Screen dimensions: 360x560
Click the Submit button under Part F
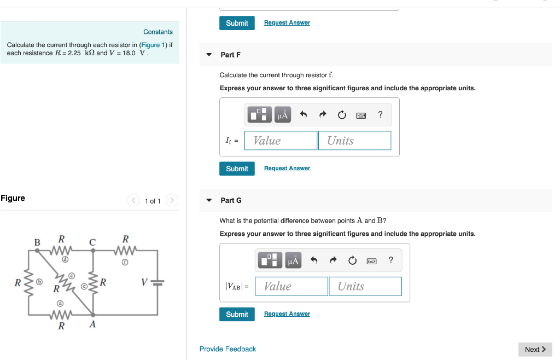[x=237, y=169]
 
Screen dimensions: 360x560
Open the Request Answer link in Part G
[x=287, y=314]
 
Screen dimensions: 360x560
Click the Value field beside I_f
[x=281, y=141]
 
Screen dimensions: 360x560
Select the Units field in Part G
[x=365, y=286]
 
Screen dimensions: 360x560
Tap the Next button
[x=535, y=350]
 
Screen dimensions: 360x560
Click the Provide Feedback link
[x=227, y=349]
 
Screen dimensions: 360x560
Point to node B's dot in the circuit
[x=37, y=251]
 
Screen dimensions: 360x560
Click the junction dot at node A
[x=92, y=315]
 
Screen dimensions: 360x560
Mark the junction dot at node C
[x=92, y=251]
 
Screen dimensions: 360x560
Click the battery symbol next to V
[x=157, y=283]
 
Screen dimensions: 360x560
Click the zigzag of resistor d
[x=61, y=251]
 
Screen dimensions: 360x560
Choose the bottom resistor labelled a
[x=61, y=315]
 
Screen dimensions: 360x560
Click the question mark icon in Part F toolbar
[x=380, y=114]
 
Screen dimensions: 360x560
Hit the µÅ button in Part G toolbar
[x=293, y=260]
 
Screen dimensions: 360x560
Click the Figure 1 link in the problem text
[x=150, y=45]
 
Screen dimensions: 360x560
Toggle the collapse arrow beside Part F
[x=208, y=55]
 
